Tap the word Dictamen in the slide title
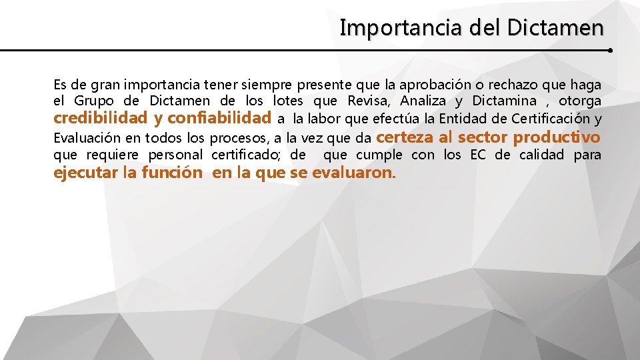pyautogui.click(x=555, y=28)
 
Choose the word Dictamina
pyautogui.click(x=504, y=101)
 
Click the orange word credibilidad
pyautogui.click(x=100, y=119)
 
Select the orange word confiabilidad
pyautogui.click(x=219, y=119)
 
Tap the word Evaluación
pyautogui.click(x=86, y=138)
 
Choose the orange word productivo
pyautogui.click(x=557, y=137)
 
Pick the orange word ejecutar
pyautogui.click(x=85, y=173)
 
